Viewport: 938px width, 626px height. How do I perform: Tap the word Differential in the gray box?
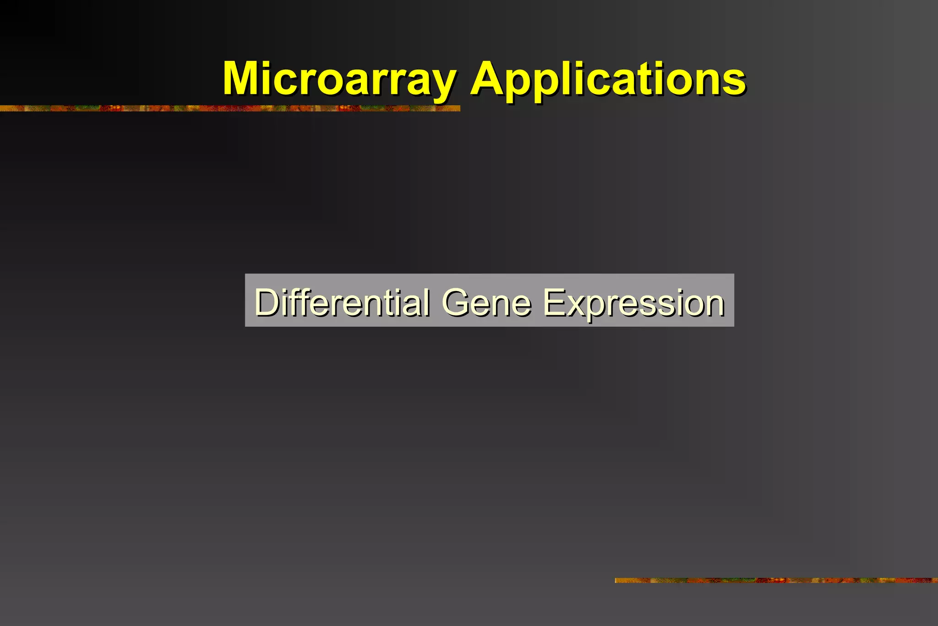(342, 302)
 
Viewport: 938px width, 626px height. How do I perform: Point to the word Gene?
(486, 302)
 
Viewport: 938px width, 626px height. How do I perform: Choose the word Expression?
(634, 303)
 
